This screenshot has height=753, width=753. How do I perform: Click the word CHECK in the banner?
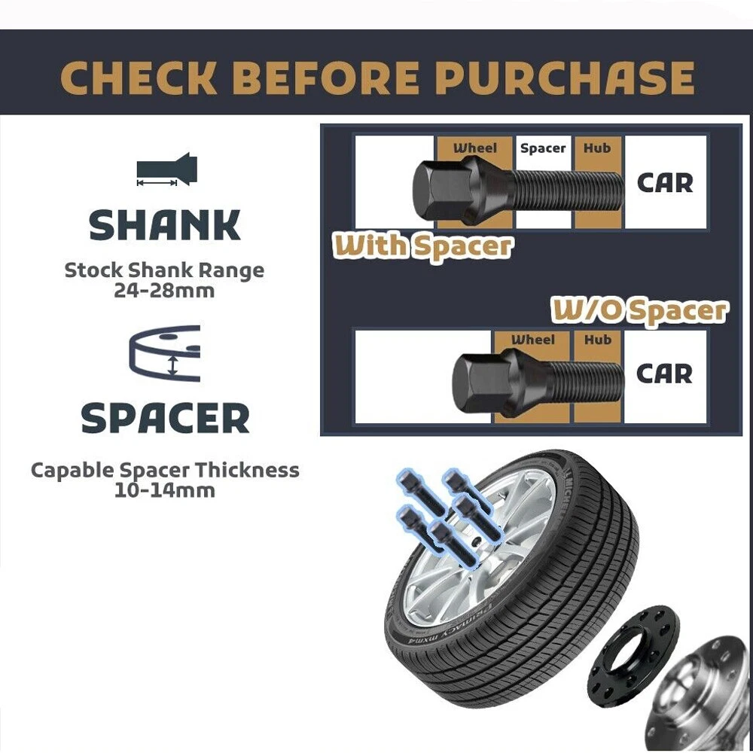pyautogui.click(x=139, y=78)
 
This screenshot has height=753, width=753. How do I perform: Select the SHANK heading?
pyautogui.click(x=165, y=225)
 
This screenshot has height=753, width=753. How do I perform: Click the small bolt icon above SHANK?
pyautogui.click(x=166, y=169)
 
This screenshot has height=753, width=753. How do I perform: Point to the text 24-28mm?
pyautogui.click(x=164, y=291)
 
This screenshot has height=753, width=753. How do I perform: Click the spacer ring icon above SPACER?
pyautogui.click(x=165, y=353)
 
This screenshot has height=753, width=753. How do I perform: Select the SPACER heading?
pyautogui.click(x=165, y=418)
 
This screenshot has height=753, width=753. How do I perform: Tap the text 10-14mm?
pyautogui.click(x=164, y=491)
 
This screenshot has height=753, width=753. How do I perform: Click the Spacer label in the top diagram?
pyautogui.click(x=543, y=148)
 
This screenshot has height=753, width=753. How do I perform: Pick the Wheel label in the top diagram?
pyautogui.click(x=475, y=148)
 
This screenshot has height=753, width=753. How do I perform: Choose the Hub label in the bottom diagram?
pyautogui.click(x=597, y=340)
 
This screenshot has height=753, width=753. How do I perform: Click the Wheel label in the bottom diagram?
pyautogui.click(x=532, y=340)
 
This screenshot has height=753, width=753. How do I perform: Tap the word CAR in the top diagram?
pyautogui.click(x=665, y=183)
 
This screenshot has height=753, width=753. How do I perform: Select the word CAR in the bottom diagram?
pyautogui.click(x=665, y=374)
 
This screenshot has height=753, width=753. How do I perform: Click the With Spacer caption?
pyautogui.click(x=422, y=246)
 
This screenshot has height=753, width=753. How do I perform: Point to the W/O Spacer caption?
pyautogui.click(x=639, y=311)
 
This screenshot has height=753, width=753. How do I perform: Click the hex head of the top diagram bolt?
pyautogui.click(x=434, y=190)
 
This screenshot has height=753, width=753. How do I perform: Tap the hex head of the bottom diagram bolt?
pyautogui.click(x=474, y=382)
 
